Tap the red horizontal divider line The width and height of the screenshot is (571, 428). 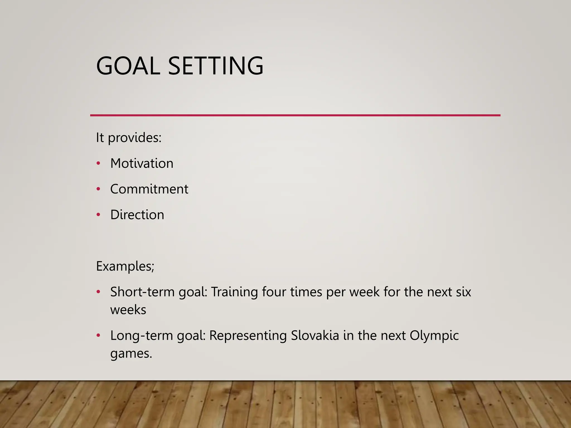point(295,115)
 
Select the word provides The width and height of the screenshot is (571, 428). point(134,138)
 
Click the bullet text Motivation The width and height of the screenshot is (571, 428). point(142,163)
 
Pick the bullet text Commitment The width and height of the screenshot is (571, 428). point(149,189)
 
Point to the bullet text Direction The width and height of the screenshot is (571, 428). point(137,215)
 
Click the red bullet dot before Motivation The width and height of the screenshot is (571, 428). point(98,163)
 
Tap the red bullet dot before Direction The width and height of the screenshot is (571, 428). point(98,215)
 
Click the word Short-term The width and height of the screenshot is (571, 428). point(142,292)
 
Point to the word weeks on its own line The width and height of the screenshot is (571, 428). point(128,310)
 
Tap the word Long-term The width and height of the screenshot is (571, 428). point(141,335)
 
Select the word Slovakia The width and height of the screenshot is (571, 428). point(315,335)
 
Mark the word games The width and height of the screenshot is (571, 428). point(131,354)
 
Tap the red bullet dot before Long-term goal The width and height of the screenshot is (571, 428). point(98,335)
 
